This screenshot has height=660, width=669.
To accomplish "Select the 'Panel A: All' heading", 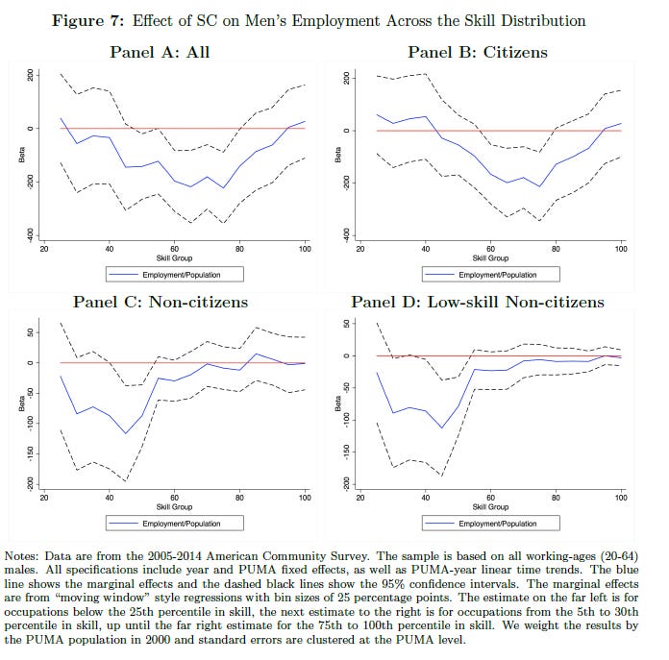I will pyautogui.click(x=173, y=51).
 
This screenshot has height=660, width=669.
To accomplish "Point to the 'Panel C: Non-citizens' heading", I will pyautogui.click(x=173, y=302).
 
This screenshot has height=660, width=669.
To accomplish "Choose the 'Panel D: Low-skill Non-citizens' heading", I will pyautogui.click(x=478, y=302).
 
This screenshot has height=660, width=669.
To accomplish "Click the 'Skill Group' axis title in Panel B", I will pyautogui.click(x=490, y=257).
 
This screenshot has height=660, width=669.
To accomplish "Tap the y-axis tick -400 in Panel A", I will pyautogui.click(x=30, y=233).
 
